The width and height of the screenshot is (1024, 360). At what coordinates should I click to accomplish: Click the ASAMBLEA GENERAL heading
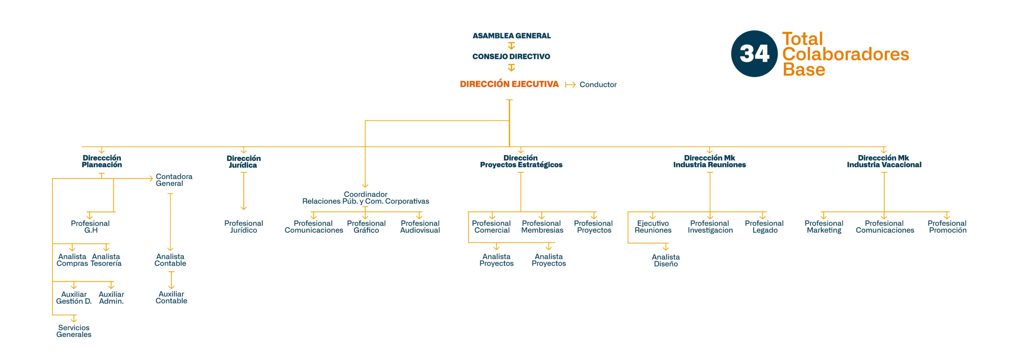click(512, 36)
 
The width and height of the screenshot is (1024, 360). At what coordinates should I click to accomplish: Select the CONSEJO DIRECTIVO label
click(511, 56)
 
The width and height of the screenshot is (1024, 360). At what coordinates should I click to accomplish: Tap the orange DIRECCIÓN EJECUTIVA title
click(509, 84)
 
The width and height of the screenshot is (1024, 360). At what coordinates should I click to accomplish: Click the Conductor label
click(598, 84)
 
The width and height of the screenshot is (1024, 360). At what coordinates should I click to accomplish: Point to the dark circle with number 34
click(754, 54)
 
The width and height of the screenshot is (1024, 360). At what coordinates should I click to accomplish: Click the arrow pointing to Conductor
click(570, 84)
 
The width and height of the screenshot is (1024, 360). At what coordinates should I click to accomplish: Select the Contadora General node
click(174, 180)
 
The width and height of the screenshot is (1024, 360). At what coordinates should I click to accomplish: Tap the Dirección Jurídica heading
click(244, 162)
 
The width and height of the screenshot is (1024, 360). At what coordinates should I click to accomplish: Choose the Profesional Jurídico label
click(244, 227)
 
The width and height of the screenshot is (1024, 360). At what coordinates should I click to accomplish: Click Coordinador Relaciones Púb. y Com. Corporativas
click(366, 198)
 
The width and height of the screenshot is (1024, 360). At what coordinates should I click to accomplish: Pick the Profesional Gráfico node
click(366, 227)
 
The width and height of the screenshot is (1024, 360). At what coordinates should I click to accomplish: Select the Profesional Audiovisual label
click(420, 227)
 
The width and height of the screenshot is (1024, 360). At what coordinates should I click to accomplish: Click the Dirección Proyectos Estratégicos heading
click(521, 161)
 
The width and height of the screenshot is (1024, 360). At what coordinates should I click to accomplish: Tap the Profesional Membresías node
click(542, 227)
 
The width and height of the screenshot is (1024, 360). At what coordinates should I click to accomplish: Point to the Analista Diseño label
click(666, 260)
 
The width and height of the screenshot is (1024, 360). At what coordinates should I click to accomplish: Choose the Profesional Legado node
click(764, 227)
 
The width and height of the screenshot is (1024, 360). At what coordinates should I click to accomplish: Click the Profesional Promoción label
click(947, 227)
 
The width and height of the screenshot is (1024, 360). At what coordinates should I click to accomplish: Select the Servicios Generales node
click(74, 331)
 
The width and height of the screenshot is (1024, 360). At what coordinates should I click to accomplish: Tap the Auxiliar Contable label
click(171, 298)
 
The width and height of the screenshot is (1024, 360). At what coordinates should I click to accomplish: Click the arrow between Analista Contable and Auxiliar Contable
click(171, 280)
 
